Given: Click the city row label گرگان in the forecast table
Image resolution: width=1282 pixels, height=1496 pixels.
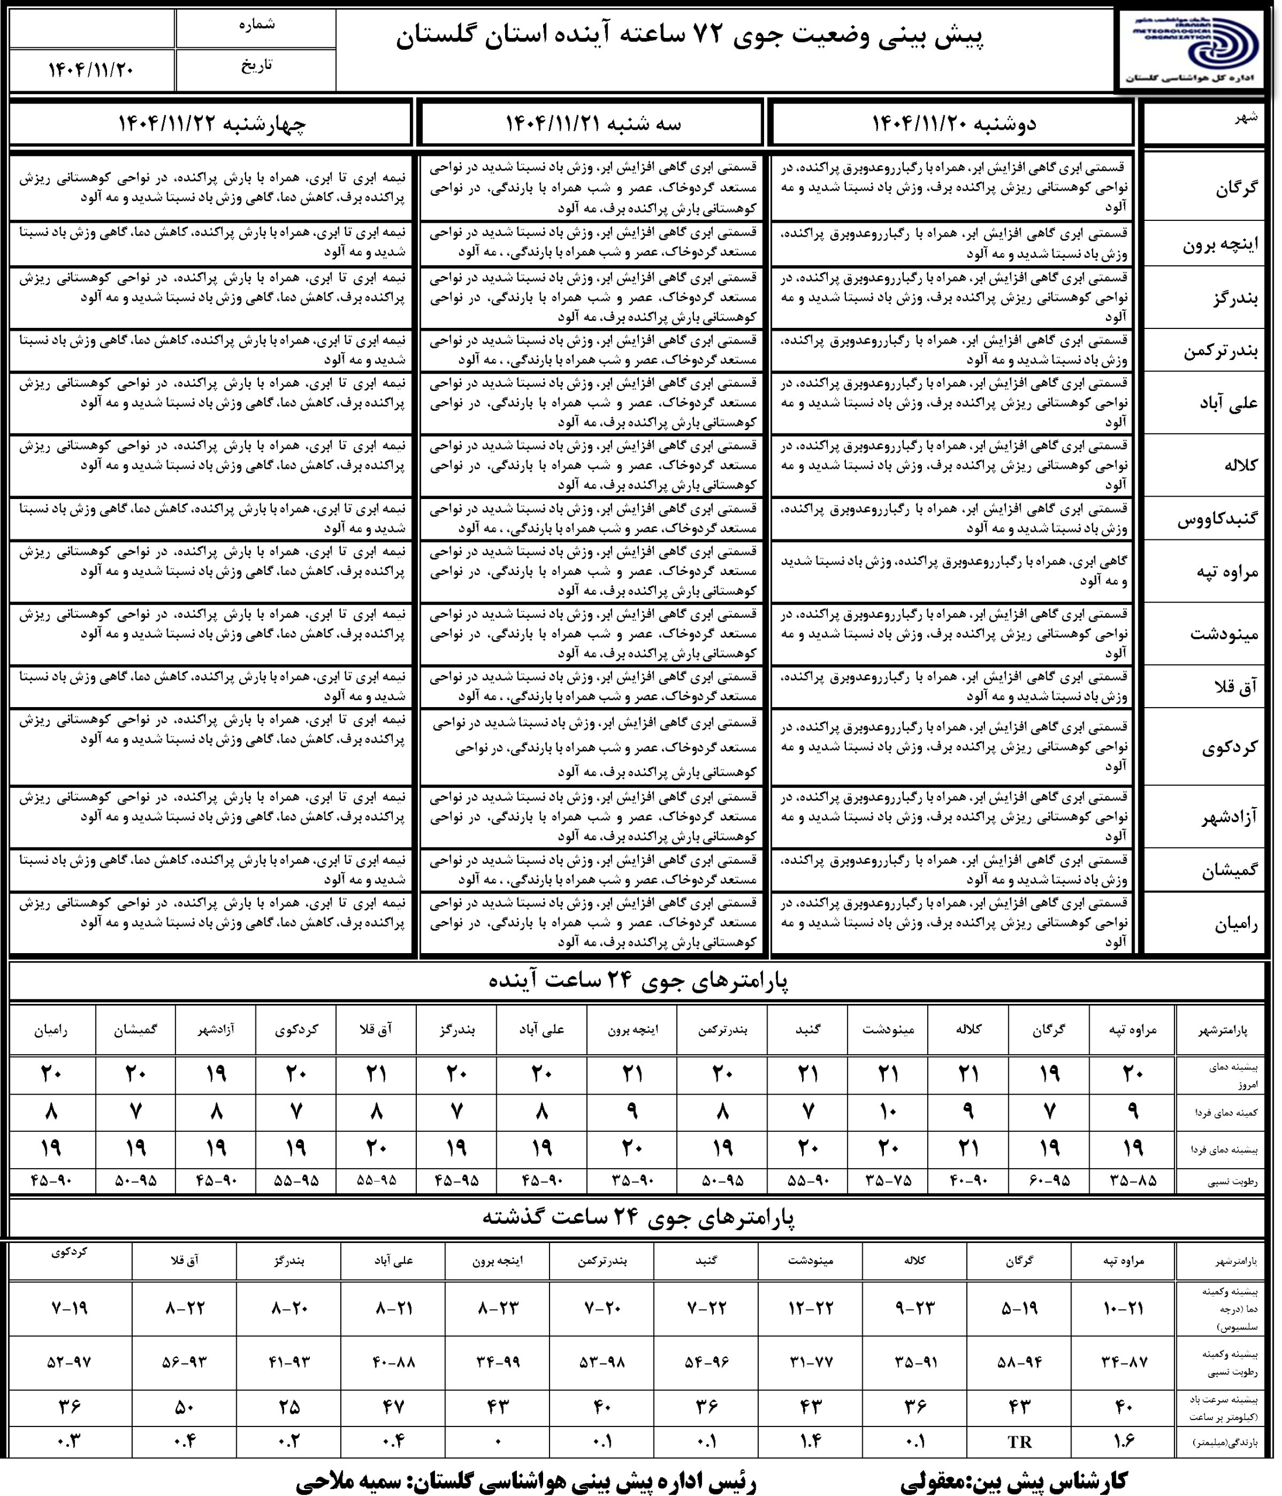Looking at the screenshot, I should pyautogui.click(x=1236, y=188).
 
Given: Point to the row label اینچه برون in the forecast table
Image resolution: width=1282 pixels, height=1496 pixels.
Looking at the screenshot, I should pyautogui.click(x=1220, y=245).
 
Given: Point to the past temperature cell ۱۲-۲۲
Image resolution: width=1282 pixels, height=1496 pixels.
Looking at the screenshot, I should pyautogui.click(x=813, y=1308).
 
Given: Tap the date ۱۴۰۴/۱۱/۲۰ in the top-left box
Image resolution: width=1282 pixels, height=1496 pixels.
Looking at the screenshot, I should pyautogui.click(x=91, y=70).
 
